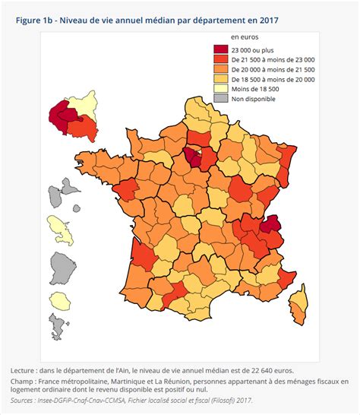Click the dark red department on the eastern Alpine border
coord(269,224)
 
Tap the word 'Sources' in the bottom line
coord(27,400)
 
